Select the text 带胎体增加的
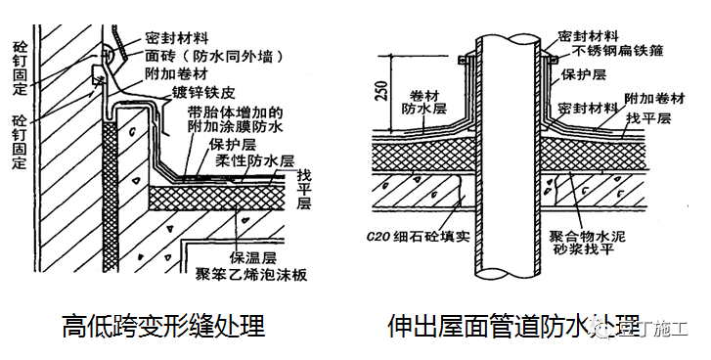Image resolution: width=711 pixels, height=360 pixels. click(x=237, y=112)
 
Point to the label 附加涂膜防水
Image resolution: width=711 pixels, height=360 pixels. click(x=237, y=127)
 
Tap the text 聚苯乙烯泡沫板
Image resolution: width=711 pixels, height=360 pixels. click(x=252, y=276)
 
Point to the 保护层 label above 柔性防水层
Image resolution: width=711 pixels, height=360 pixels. click(x=232, y=143)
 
